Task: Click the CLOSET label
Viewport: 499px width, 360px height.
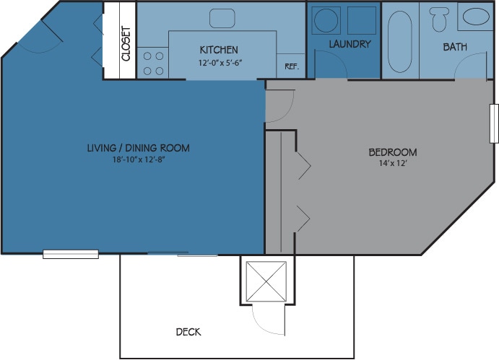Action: (126, 43)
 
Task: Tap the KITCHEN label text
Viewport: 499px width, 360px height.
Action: (219, 50)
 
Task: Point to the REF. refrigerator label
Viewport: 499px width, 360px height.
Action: (292, 66)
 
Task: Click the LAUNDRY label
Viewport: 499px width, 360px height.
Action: (350, 44)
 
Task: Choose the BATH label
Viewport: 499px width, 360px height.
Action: (455, 47)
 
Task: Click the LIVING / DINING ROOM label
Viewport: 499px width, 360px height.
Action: (139, 148)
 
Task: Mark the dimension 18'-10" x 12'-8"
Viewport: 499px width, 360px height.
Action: (139, 159)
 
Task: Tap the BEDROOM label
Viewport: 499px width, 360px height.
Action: (393, 152)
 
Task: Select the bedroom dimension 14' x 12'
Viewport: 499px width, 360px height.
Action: (393, 164)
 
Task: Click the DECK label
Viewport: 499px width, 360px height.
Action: (188, 332)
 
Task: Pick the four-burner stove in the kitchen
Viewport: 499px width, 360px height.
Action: (152, 63)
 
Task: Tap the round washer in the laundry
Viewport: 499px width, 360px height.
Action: (325, 19)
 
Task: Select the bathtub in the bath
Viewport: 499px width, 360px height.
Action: (400, 40)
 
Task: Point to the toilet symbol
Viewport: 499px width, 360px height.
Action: (438, 18)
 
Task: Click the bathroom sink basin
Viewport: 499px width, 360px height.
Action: (474, 17)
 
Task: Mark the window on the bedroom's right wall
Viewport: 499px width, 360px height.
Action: (494, 123)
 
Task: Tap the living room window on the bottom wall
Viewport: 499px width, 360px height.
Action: (71, 254)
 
